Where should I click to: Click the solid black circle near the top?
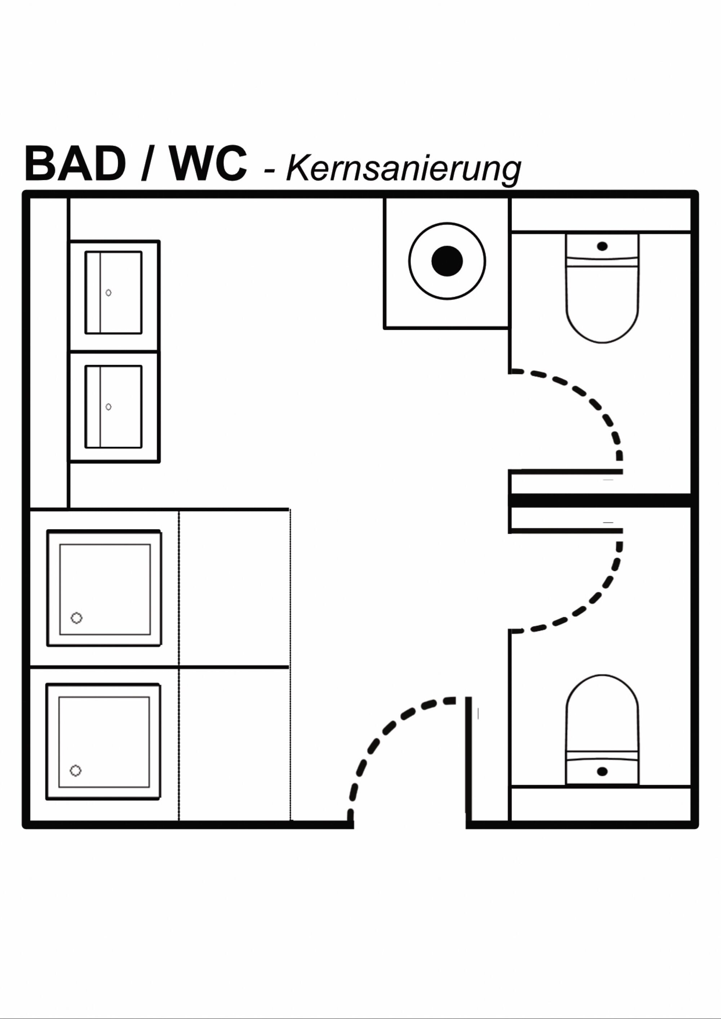(447, 261)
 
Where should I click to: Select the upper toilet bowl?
(602, 306)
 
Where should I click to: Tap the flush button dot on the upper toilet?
(602, 246)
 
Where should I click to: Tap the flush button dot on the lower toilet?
(602, 772)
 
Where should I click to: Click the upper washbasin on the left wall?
(114, 293)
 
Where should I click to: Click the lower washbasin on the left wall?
(114, 407)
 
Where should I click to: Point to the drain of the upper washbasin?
(108, 293)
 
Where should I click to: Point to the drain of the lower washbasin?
(108, 407)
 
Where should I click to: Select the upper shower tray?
(105, 589)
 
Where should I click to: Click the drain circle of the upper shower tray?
(77, 618)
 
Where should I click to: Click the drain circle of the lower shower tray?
(76, 770)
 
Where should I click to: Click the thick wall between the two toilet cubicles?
(600, 500)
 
